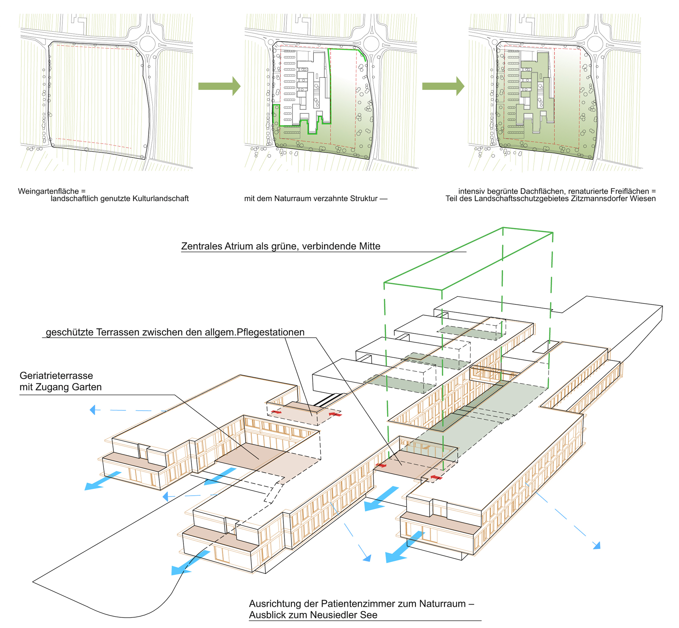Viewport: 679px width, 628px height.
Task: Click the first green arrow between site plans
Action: click(219, 86)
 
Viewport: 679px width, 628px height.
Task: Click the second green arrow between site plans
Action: click(443, 86)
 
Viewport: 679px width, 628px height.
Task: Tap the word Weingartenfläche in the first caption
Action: click(48, 191)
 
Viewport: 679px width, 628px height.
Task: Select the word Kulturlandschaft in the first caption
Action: click(161, 198)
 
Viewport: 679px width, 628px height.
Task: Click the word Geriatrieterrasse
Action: click(56, 376)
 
